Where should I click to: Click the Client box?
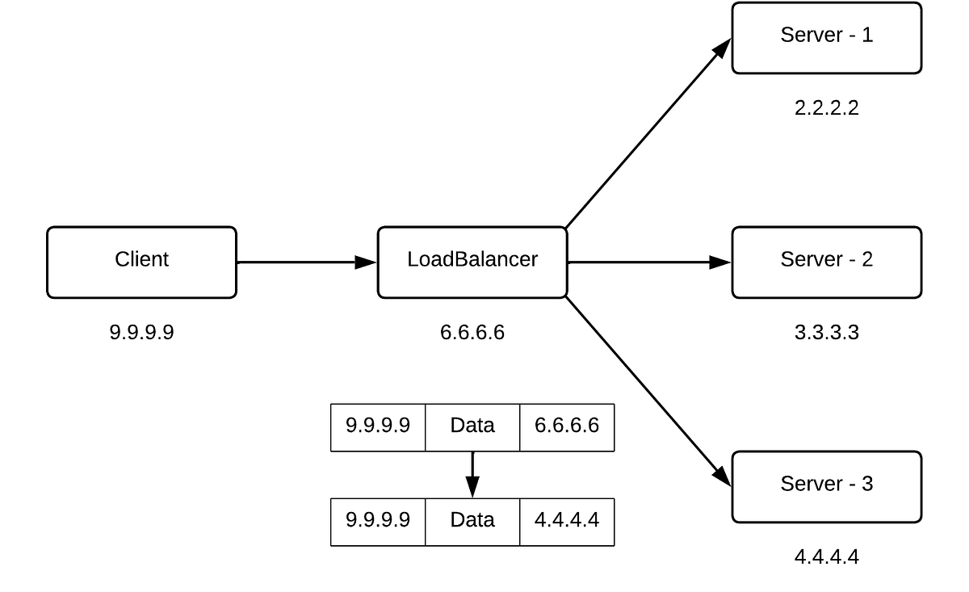[x=141, y=262]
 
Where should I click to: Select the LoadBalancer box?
[x=472, y=262]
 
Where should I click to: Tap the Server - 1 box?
[x=826, y=37]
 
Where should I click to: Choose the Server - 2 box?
[x=826, y=262]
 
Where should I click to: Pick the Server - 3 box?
[x=826, y=486]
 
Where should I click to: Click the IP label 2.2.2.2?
[x=826, y=108]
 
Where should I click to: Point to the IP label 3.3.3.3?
[x=826, y=332]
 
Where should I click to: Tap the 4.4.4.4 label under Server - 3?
[x=826, y=556]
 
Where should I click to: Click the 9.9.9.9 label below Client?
[x=141, y=332]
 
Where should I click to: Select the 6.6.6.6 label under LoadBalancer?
[x=472, y=332]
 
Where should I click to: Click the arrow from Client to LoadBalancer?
[x=307, y=262]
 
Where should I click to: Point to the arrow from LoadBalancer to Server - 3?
[x=646, y=388]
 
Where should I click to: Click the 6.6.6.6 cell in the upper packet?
[x=567, y=426]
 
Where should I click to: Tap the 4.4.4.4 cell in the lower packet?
[x=567, y=520]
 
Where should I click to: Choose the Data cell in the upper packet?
[x=472, y=426]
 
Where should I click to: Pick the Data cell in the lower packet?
[x=472, y=520]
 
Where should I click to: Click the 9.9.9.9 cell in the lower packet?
[x=378, y=520]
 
